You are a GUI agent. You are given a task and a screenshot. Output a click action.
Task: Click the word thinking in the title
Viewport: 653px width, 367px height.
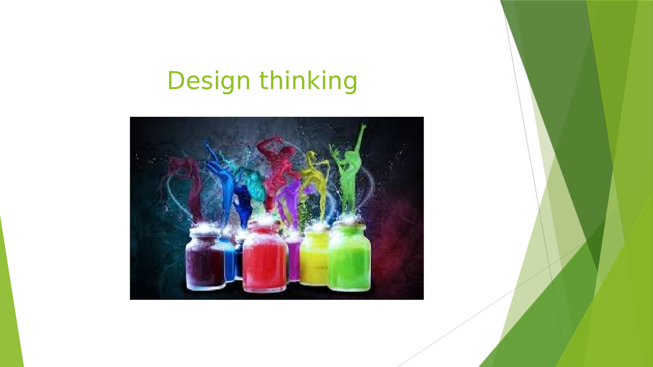click(308, 81)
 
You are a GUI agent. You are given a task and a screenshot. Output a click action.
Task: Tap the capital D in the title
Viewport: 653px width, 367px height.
click(177, 81)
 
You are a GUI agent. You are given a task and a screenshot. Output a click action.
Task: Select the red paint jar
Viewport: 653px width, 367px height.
click(264, 260)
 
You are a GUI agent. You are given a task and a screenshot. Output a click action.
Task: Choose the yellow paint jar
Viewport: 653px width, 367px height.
click(314, 257)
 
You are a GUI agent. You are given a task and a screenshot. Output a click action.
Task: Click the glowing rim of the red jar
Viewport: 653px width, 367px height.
click(264, 224)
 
